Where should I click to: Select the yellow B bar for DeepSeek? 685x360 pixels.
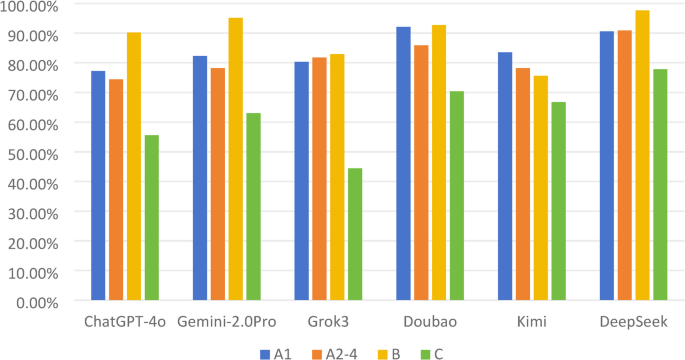pos(642,156)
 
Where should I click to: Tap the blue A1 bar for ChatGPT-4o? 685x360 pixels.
pos(98,186)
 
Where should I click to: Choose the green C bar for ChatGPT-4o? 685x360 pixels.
pos(151,218)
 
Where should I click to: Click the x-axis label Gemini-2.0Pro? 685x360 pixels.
pos(226,322)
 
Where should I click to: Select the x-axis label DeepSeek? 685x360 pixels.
pos(633,322)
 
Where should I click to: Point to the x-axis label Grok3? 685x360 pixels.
pos(328,322)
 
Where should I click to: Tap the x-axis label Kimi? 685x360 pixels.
pos(531,322)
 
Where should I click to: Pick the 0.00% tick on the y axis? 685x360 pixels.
pos(36,301)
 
